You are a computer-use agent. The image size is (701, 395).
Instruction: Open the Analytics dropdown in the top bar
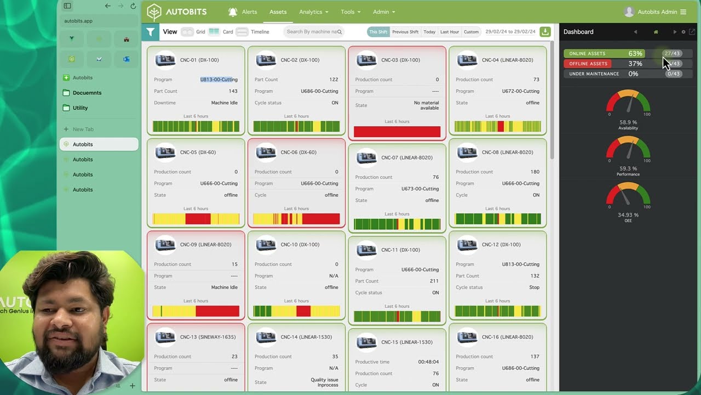pyautogui.click(x=313, y=12)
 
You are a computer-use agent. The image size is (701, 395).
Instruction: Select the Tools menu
pyautogui.click(x=350, y=12)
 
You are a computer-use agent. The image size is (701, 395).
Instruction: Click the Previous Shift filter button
pyautogui.click(x=405, y=32)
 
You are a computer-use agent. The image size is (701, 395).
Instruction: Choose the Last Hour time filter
pyautogui.click(x=450, y=32)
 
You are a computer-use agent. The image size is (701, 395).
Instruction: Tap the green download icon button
pyautogui.click(x=545, y=32)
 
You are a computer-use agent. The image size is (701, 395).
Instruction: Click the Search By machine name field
pyautogui.click(x=312, y=32)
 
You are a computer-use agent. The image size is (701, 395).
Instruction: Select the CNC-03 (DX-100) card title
pyautogui.click(x=400, y=60)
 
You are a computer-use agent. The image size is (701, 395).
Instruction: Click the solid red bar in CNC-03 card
pyautogui.click(x=397, y=132)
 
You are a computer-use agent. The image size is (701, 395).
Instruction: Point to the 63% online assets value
pyautogui.click(x=635, y=54)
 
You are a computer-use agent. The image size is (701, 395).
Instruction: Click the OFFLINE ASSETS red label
pyautogui.click(x=588, y=64)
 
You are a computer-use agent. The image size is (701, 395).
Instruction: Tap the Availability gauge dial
pyautogui.click(x=628, y=105)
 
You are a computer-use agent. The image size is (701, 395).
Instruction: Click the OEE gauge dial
pyautogui.click(x=628, y=197)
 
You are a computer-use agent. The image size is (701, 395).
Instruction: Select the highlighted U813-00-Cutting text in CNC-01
pyautogui.click(x=219, y=80)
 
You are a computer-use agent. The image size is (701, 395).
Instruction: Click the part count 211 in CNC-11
pyautogui.click(x=434, y=281)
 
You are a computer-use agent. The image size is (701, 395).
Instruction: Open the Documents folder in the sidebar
pyautogui.click(x=87, y=93)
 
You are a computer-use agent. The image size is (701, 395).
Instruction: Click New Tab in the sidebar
pyautogui.click(x=83, y=129)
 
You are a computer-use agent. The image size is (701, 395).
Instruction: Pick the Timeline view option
pyautogui.click(x=260, y=32)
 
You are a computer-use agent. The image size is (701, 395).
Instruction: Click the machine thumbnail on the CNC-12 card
pyautogui.click(x=467, y=245)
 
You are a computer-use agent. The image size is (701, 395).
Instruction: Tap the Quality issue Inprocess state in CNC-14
pyautogui.click(x=324, y=382)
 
